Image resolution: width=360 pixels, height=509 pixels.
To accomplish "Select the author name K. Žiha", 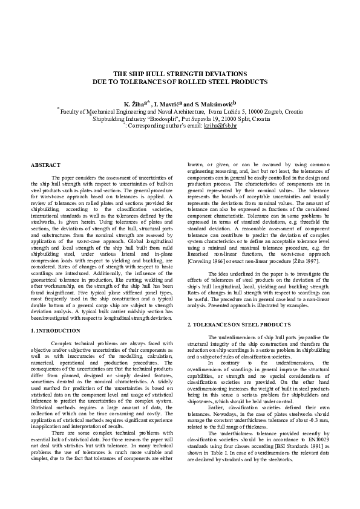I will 134,104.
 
